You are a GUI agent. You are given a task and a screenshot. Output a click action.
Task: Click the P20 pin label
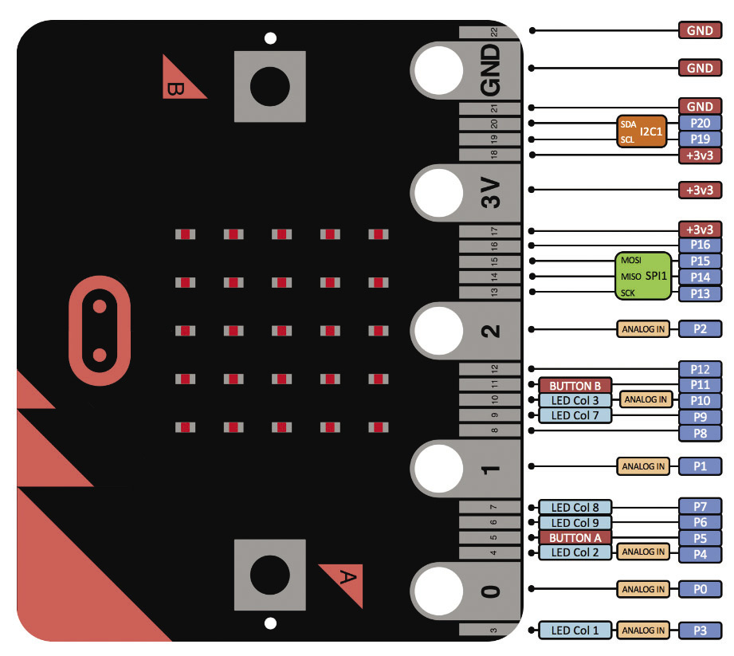click(x=700, y=123)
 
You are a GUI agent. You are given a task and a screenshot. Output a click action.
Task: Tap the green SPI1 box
click(x=642, y=277)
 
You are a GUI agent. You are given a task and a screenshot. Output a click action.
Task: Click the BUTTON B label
click(x=575, y=386)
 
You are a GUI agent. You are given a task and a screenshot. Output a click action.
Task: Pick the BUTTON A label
click(x=575, y=538)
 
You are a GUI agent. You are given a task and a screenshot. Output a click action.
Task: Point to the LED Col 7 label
click(x=575, y=415)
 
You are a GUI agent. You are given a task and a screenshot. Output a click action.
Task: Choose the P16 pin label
click(x=700, y=246)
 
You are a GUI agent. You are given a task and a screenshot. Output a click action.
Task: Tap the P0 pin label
click(x=700, y=589)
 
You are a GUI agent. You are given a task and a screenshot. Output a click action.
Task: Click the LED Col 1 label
click(x=575, y=630)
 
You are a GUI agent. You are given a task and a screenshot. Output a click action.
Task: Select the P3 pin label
click(x=700, y=630)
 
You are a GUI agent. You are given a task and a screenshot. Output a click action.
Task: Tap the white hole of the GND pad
click(x=437, y=69)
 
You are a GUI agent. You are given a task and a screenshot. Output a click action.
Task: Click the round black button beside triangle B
click(x=270, y=87)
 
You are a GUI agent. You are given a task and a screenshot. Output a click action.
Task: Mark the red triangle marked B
click(x=179, y=82)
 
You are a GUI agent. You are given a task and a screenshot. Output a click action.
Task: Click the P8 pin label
click(x=700, y=433)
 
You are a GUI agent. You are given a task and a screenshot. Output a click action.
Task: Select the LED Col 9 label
click(x=575, y=523)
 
